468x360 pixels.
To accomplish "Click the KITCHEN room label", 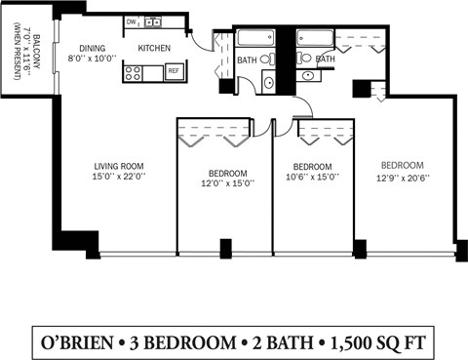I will [x=154, y=47].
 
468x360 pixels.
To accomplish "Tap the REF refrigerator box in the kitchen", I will [x=174, y=71].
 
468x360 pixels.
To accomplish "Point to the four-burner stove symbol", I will [x=134, y=72].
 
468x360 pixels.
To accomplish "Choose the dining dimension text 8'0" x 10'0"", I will [x=92, y=58].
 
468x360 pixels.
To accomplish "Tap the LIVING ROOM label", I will [x=119, y=165].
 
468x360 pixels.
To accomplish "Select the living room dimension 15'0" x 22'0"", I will [x=119, y=177].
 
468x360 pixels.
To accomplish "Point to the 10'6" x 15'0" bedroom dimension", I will [x=313, y=177].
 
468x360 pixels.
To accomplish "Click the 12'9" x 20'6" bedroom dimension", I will [x=402, y=177].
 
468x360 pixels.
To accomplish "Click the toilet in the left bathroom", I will [x=266, y=60].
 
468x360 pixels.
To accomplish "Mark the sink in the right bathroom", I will [x=308, y=75].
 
